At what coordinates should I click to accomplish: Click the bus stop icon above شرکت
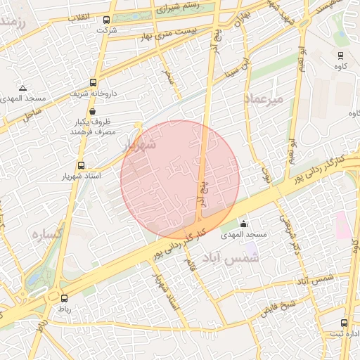[x=106, y=20]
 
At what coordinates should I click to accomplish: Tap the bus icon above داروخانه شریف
[x=94, y=82]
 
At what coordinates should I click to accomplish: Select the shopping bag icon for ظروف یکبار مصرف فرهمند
[x=92, y=110]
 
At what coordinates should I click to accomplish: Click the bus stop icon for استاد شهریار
[x=81, y=166]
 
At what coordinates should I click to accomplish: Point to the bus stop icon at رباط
[x=64, y=298]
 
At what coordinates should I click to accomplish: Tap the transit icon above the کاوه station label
[x=340, y=56]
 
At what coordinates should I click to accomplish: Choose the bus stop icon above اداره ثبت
[x=344, y=323]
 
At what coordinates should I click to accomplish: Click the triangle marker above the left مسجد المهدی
[x=23, y=89]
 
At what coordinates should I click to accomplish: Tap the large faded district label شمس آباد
[x=234, y=258]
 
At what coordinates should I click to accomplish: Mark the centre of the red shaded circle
[x=180, y=179]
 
